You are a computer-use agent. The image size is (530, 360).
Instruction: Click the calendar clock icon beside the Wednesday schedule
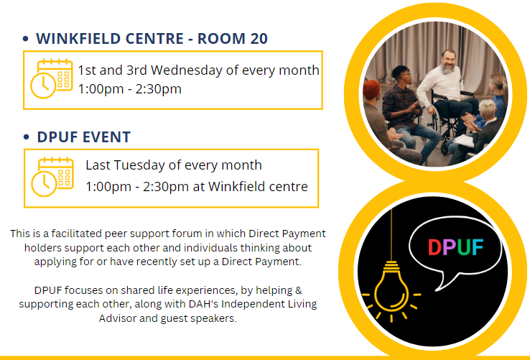pyautogui.click(x=52, y=78)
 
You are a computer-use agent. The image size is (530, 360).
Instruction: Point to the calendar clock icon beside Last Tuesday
pyautogui.click(x=52, y=177)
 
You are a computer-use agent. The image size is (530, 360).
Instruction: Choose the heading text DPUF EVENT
pyautogui.click(x=84, y=137)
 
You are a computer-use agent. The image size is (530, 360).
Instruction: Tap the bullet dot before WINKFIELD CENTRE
pyautogui.click(x=25, y=39)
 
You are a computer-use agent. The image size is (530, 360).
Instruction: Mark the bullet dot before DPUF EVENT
pyautogui.click(x=27, y=137)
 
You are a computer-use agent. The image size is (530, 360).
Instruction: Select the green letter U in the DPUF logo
pyautogui.click(x=464, y=247)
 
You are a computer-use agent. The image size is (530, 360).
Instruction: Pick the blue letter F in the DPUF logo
pyautogui.click(x=478, y=247)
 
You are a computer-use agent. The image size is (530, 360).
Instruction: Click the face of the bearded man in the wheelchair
pyautogui.click(x=449, y=62)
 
